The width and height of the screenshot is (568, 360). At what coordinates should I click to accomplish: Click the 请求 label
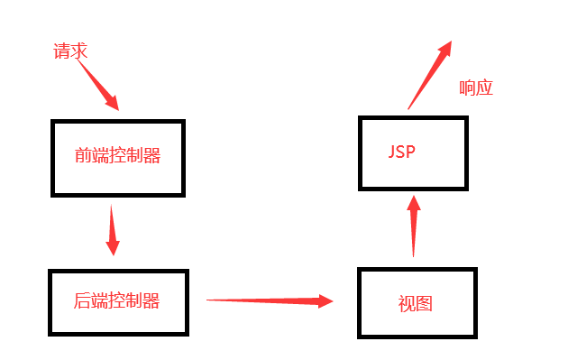[70, 51]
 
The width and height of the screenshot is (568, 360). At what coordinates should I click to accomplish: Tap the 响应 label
[477, 88]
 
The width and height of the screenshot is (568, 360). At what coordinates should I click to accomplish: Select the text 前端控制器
[117, 156]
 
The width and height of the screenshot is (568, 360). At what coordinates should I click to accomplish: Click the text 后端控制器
[117, 300]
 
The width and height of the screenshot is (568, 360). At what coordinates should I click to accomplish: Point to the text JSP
[401, 151]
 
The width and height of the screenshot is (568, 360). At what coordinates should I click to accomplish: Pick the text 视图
[416, 303]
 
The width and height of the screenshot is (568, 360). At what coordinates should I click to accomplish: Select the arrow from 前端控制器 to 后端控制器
[112, 230]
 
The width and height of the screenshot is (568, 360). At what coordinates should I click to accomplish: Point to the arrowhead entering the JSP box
[414, 203]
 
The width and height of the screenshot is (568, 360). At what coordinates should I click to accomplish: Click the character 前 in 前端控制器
[83, 156]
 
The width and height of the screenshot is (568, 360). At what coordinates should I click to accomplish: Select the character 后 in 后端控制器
[83, 300]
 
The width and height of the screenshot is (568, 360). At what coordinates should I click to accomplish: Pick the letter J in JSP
[392, 151]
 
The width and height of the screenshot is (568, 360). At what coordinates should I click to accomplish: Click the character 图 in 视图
[425, 303]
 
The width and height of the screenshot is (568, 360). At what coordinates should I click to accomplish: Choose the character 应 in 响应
[486, 88]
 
